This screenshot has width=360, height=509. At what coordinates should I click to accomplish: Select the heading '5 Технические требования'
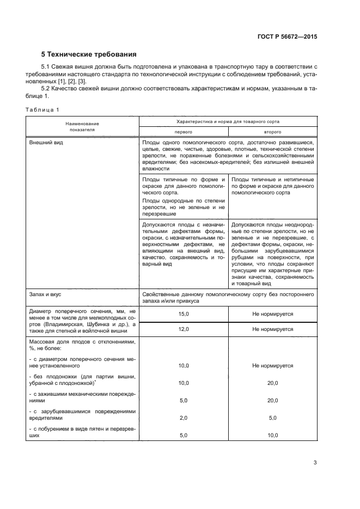click(89, 54)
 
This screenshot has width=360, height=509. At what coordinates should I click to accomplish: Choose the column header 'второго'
click(272, 132)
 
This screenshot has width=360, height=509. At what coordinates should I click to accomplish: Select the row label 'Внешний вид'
click(45, 143)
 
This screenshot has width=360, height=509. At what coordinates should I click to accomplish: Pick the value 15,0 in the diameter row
click(184, 314)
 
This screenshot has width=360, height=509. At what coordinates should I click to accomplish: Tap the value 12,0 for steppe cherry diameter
click(184, 329)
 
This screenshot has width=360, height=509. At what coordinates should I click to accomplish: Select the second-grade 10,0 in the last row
click(272, 435)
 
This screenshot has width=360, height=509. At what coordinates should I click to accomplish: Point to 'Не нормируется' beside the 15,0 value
click(272, 314)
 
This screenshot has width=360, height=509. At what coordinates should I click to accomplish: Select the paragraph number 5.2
click(47, 88)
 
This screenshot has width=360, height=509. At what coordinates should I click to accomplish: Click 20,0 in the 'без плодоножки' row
click(272, 383)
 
